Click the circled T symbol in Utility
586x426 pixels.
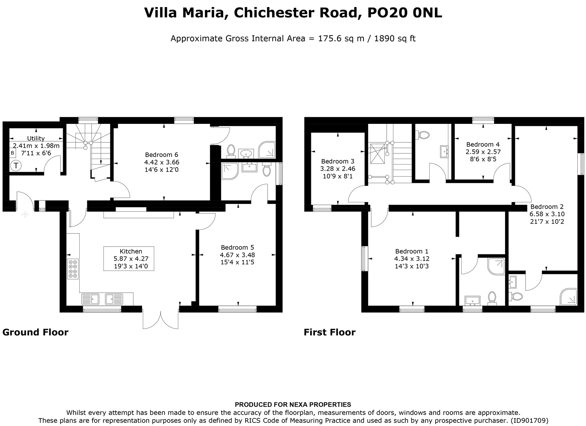click(16, 166)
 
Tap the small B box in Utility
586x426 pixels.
click(12, 153)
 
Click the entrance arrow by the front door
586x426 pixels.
click(25, 215)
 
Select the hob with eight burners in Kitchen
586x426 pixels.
click(73, 269)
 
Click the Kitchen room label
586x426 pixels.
click(131, 251)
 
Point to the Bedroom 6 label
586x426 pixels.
click(161, 155)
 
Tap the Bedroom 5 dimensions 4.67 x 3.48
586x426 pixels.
click(237, 255)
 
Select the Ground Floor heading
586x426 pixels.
click(36, 332)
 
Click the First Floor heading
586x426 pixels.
click(330, 332)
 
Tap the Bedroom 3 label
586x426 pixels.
click(337, 161)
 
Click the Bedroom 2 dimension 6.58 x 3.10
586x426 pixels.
click(547, 214)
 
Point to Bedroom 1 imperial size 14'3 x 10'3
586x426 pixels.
click(412, 266)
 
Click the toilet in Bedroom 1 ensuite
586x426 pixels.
click(492, 298)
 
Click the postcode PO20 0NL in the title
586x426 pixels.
click(404, 13)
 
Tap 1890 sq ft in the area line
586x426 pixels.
click(395, 39)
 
